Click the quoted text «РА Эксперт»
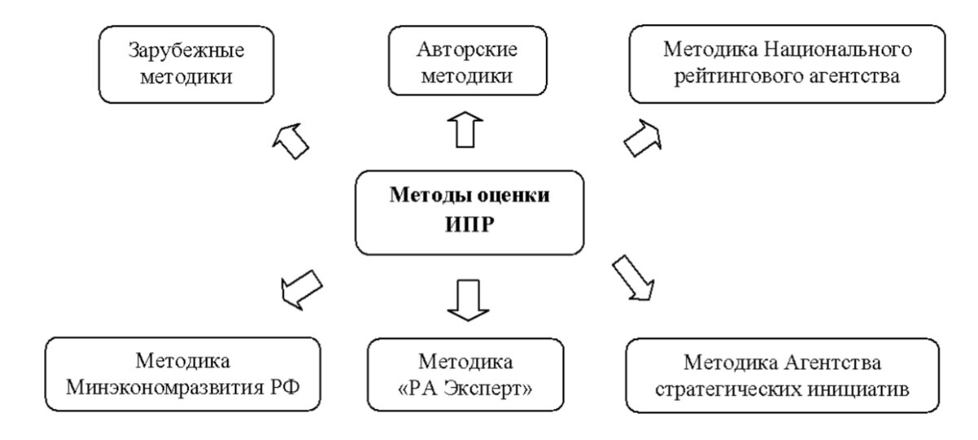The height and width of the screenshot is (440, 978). pos(465,387)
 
